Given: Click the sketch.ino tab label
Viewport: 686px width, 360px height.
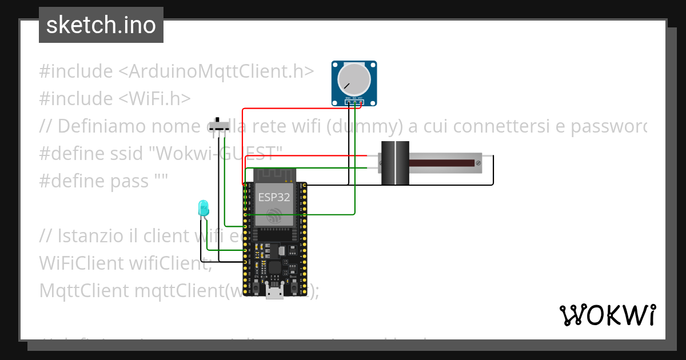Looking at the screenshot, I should tap(101, 25).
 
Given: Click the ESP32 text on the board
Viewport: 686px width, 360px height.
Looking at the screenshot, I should tap(273, 197).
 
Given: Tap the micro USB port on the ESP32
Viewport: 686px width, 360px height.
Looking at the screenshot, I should tap(274, 293).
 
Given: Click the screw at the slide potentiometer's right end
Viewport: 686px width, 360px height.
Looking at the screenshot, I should tap(478, 163).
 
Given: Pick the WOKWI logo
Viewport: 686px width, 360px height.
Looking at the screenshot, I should tap(607, 315).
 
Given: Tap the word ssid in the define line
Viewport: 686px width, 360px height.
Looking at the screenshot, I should tap(129, 154).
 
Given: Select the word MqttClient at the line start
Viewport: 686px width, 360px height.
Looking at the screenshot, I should tap(84, 290).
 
